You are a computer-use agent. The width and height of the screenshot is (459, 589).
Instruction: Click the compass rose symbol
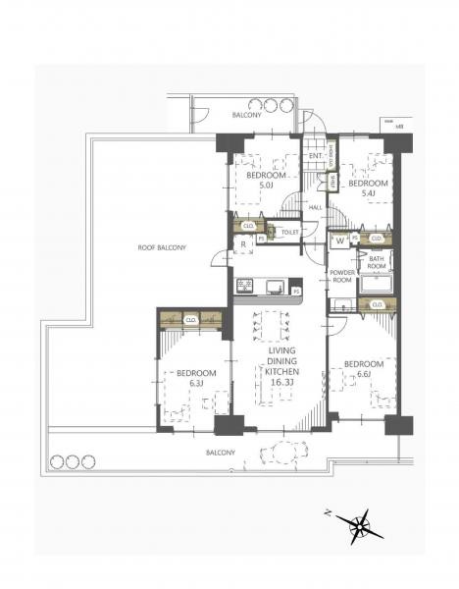[361, 527]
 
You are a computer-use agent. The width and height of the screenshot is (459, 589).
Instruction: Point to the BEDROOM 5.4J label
[368, 187]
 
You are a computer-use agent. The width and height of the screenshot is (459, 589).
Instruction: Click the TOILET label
[288, 233]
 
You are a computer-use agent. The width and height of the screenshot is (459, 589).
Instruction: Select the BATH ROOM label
[378, 261]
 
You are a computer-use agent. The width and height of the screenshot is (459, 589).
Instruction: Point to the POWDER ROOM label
[341, 276]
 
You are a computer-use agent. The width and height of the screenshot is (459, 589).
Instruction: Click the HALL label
[315, 207]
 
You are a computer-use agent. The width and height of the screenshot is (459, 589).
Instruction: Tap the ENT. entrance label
[316, 156]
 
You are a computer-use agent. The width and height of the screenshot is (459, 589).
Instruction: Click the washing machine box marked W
[339, 238]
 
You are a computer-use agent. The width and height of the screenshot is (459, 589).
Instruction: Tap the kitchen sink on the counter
[275, 286]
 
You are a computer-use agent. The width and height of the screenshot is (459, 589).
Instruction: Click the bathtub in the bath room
[377, 285]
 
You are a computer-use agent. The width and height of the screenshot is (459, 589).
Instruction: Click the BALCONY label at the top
[245, 116]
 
